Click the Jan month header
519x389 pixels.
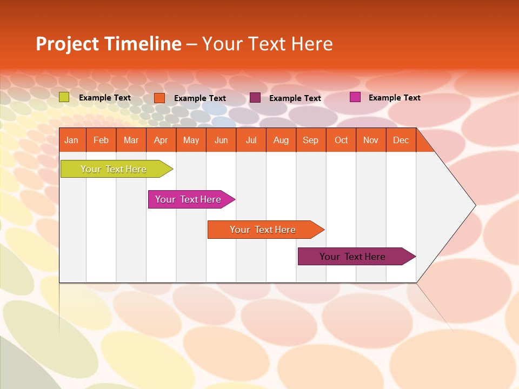(72, 140)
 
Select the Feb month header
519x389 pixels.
(101, 140)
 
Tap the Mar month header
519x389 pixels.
(131, 140)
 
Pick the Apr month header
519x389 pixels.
(161, 140)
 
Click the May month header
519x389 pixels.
(191, 140)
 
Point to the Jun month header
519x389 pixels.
(221, 140)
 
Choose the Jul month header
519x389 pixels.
(251, 140)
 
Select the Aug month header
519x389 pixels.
(281, 140)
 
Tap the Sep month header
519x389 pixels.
(311, 140)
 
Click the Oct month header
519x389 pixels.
(341, 140)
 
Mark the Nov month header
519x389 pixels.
(371, 140)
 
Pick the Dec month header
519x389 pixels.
(401, 140)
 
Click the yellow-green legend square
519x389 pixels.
(64, 97)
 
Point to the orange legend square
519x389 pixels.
(159, 98)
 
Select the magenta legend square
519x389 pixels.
(355, 97)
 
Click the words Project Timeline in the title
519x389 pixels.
(109, 44)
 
